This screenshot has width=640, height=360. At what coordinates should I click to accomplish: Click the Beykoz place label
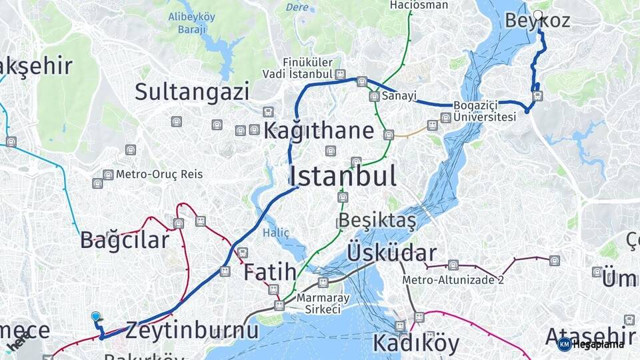pyautogui.click(x=537, y=21)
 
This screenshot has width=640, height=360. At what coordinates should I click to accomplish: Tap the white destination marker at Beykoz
pyautogui.click(x=538, y=14)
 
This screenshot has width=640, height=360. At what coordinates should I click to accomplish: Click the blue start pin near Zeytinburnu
pyautogui.click(x=95, y=317)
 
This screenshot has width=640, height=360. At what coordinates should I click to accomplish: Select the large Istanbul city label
pyautogui.click(x=343, y=176)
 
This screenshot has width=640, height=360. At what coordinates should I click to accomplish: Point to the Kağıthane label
pyautogui.click(x=318, y=131)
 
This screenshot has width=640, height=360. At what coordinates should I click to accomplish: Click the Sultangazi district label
pyautogui.click(x=192, y=92)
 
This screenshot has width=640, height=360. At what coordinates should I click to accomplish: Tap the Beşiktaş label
pyautogui.click(x=377, y=220)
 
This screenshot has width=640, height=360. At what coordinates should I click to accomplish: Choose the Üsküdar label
pyautogui.click(x=391, y=253)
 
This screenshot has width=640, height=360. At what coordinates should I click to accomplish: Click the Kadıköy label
pyautogui.click(x=415, y=343)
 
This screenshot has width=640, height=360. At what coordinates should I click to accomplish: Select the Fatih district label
pyautogui.click(x=269, y=272)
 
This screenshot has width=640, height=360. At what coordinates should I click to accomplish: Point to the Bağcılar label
pyautogui.click(x=125, y=240)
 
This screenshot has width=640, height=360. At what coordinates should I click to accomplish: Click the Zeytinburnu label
pyautogui.click(x=191, y=330)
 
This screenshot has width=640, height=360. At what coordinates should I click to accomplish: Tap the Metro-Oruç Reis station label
pyautogui.click(x=159, y=175)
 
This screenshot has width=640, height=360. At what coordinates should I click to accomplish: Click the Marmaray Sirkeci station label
pyautogui.click(x=319, y=303)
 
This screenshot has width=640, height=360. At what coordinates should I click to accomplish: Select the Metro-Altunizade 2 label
pyautogui.click(x=453, y=280)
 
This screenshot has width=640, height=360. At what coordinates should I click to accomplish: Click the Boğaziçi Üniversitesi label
pyautogui.click(x=485, y=111)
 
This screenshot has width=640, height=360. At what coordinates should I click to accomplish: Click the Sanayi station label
pyautogui.click(x=399, y=97)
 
